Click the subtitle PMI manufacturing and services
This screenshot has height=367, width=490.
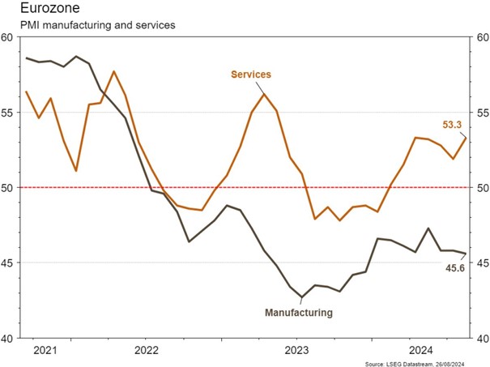[87, 25]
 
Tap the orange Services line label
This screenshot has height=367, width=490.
[250, 75]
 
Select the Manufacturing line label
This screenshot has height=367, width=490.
[300, 310]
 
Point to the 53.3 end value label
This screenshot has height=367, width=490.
[453, 126]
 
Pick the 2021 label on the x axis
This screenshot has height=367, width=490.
[45, 351]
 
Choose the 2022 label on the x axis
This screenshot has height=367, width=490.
[147, 351]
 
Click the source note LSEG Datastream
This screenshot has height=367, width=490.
[425, 364]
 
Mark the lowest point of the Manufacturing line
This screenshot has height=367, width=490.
[301, 297]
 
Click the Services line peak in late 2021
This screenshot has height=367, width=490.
[114, 71]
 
